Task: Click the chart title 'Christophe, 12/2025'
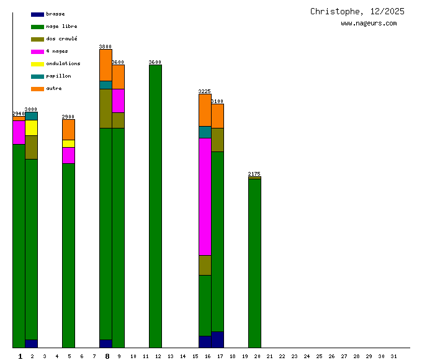(357, 11)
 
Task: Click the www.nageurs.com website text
(369, 24)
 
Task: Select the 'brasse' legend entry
(55, 14)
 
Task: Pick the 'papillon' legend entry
(58, 76)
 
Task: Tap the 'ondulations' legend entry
(63, 63)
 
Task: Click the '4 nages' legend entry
(56, 51)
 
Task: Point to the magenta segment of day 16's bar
(205, 196)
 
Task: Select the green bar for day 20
(254, 263)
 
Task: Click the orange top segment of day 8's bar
(105, 65)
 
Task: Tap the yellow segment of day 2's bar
(31, 128)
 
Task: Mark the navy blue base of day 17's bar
(217, 340)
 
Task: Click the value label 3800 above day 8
(105, 47)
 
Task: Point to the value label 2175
(254, 174)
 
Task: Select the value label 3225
(205, 91)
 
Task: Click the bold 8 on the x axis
(107, 356)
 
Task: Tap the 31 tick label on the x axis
(393, 356)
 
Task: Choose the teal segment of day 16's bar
(205, 132)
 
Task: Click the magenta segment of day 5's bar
(68, 155)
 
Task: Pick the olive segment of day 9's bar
(118, 120)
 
